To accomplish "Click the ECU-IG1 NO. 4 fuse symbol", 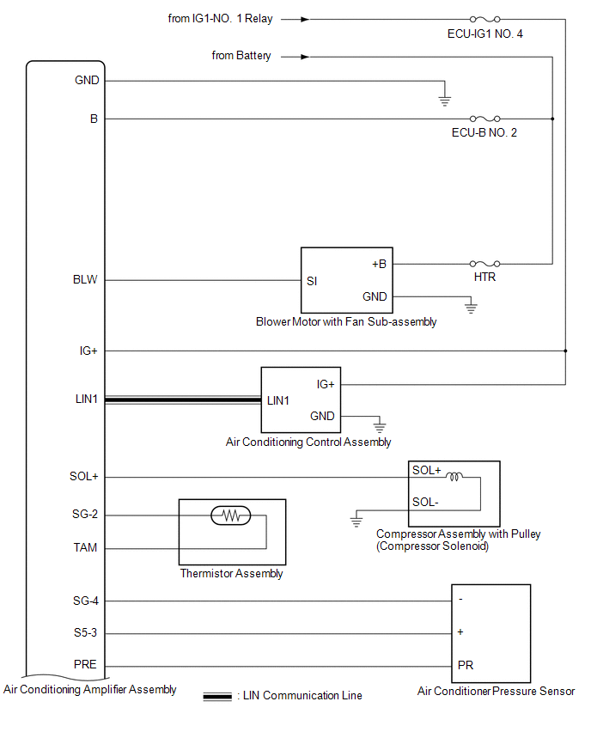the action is pos(485,19).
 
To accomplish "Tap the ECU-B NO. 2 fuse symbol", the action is pos(485,119).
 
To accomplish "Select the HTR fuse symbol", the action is pos(485,264).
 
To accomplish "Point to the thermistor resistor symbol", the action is pos(231,515).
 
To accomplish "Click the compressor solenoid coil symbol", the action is pos(454,477).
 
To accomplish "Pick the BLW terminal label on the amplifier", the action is pos(85,279).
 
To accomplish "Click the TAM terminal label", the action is pos(85,547).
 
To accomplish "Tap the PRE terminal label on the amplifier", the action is pos(85,664).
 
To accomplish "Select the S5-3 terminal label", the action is pos(85,632).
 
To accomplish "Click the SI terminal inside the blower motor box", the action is pos(312,281).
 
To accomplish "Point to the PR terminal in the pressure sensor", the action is pos(466,665).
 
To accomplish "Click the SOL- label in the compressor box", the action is pos(425,503).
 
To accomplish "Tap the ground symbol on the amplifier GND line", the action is pos(444,101).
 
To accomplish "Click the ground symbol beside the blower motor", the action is pos(471,308).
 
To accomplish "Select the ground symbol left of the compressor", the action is pos(356,522).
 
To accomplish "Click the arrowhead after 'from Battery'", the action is pos(305,57).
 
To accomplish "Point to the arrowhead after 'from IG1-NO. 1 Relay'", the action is pos(305,19).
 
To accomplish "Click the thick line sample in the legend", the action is pos(217,697).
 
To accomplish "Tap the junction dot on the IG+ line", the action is pos(565,351).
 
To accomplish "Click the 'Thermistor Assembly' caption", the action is pos(232,573).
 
